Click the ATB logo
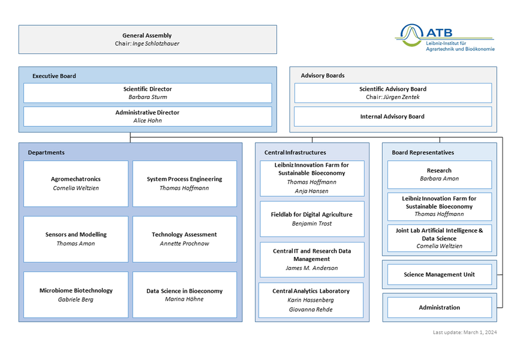click(x=445, y=38)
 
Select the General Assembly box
click(x=147, y=39)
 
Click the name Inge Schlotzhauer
click(x=155, y=44)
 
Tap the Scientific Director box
click(x=147, y=93)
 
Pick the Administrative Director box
click(x=147, y=116)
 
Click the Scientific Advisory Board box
click(x=392, y=93)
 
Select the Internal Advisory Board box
click(x=392, y=116)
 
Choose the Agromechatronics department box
click(x=76, y=184)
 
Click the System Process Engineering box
click(x=184, y=184)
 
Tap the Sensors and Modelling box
click(x=76, y=239)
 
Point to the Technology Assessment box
click(x=184, y=239)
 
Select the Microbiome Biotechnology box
click(x=76, y=295)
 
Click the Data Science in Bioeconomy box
click(x=184, y=295)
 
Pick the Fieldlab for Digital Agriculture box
click(x=311, y=219)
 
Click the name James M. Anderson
click(x=311, y=268)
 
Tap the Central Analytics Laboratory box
click(x=311, y=300)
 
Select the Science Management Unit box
click(x=439, y=275)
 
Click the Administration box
click(x=439, y=308)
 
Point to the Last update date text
click(x=464, y=332)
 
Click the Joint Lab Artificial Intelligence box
click(x=439, y=238)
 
